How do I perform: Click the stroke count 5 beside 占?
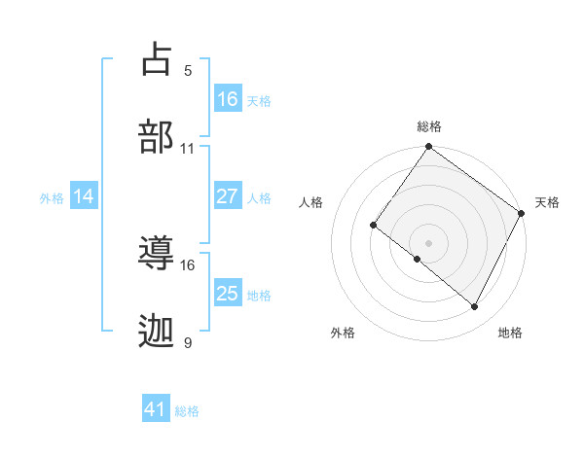click(188, 70)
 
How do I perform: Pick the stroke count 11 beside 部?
click(188, 149)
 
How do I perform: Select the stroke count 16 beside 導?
click(188, 264)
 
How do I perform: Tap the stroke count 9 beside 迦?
click(188, 342)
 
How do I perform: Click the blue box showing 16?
click(228, 99)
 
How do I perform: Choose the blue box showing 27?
click(228, 196)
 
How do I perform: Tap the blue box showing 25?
click(228, 294)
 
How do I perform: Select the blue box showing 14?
click(84, 196)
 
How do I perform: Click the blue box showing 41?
click(156, 409)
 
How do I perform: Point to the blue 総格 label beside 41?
click(187, 411)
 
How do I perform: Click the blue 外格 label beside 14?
click(52, 198)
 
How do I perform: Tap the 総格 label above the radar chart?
click(429, 126)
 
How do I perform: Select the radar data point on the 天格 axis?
click(523, 213)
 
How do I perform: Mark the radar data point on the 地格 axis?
click(475, 307)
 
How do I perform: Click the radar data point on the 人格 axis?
click(373, 225)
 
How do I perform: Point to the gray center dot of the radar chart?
click(429, 243)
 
